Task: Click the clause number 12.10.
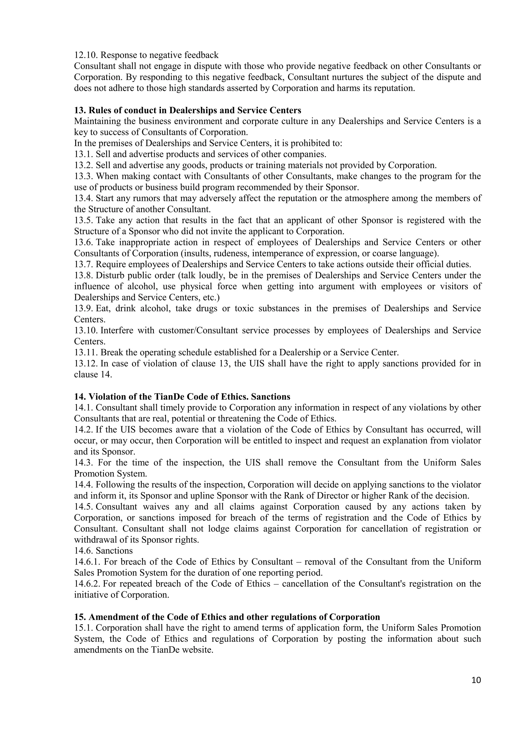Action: click(86, 55)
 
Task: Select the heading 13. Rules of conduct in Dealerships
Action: click(188, 110)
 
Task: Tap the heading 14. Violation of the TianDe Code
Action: click(182, 397)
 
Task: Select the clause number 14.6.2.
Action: click(88, 584)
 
